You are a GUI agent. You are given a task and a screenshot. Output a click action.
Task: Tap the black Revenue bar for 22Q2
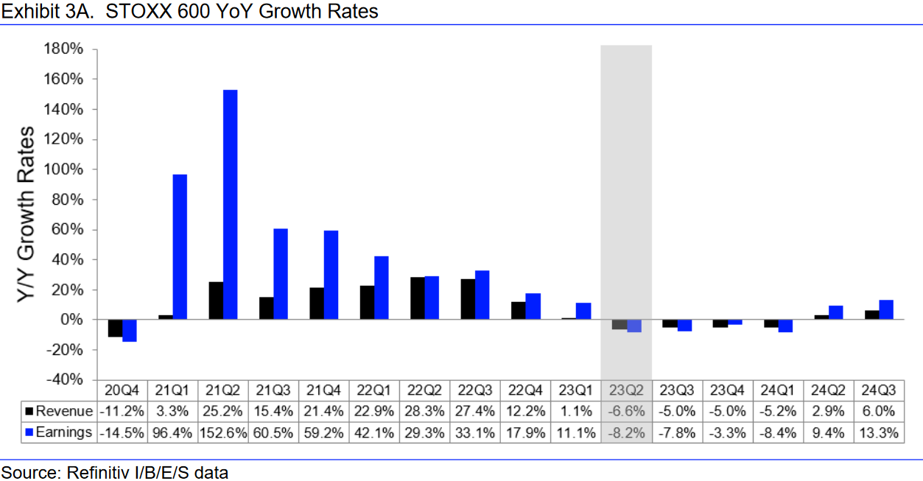418,298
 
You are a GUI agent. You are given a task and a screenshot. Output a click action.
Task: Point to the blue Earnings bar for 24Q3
886,310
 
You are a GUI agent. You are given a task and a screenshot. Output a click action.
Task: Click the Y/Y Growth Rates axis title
27,214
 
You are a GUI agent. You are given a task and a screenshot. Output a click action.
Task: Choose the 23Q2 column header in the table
626,390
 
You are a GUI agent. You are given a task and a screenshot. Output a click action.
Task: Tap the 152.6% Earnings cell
222,432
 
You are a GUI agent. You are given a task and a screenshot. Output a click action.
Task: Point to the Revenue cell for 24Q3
879,412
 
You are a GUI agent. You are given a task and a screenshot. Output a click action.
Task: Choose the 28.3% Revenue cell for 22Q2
424,412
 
